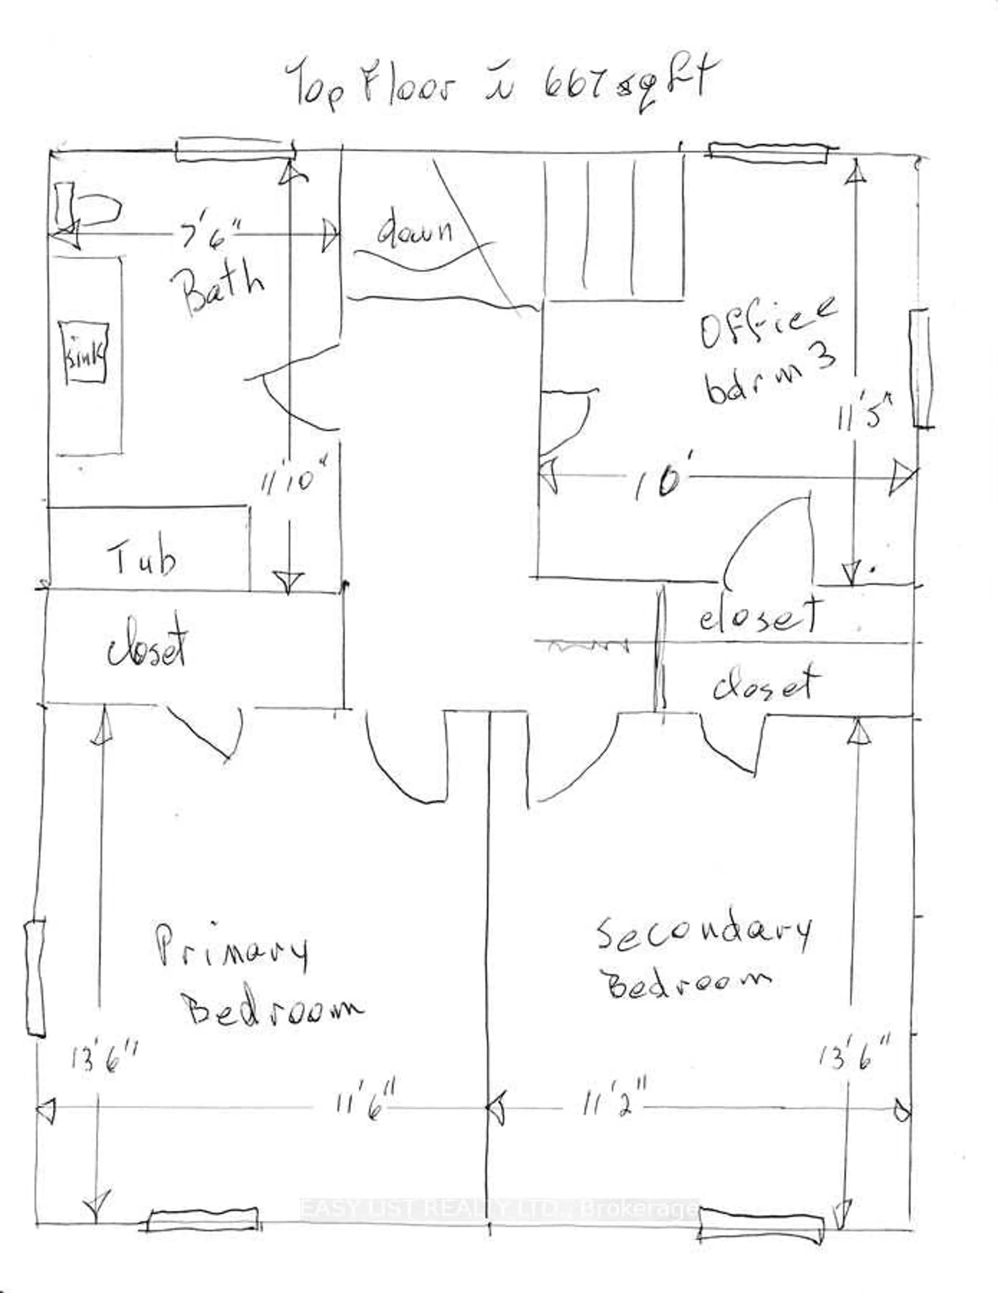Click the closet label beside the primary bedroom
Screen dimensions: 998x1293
click(148, 648)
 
